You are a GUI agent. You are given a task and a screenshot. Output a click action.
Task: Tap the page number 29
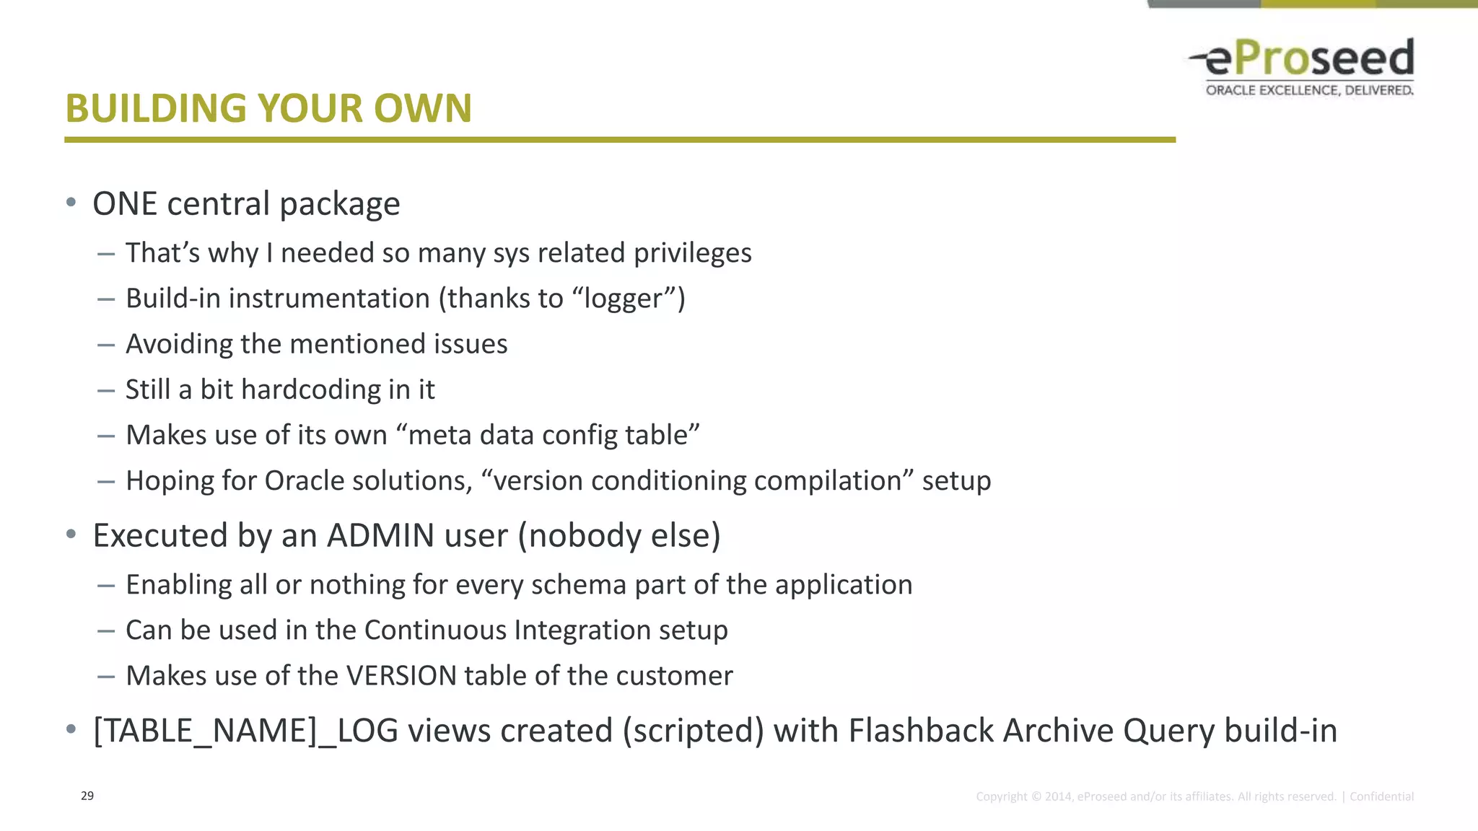[x=87, y=796]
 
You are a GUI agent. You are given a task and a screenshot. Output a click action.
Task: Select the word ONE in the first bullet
[x=125, y=204]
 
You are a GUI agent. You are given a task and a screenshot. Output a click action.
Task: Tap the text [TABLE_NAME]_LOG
[x=245, y=731]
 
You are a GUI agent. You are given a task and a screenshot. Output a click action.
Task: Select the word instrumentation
[x=329, y=299]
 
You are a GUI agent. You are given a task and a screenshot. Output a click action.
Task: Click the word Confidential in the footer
[x=1381, y=796]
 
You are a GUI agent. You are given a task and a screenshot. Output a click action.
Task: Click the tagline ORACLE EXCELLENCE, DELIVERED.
[x=1309, y=90]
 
